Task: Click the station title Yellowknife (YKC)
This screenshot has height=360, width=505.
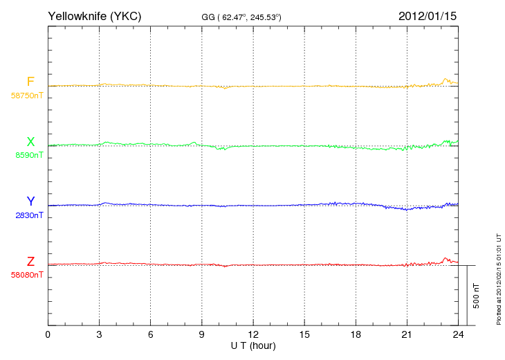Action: (x=94, y=16)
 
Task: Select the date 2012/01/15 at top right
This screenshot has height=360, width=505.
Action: (x=428, y=16)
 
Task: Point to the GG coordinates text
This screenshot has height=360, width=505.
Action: (x=241, y=17)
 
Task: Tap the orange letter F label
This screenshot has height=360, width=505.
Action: (x=30, y=82)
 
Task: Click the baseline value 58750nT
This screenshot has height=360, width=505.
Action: (x=27, y=96)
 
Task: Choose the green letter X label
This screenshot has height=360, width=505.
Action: (x=30, y=141)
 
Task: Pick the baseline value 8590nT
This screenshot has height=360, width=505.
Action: (x=29, y=155)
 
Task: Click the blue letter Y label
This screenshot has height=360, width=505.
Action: (x=30, y=201)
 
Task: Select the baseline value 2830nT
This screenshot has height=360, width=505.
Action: (x=29, y=215)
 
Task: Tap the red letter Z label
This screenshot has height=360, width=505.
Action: (x=30, y=262)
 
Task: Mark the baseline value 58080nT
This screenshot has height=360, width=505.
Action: (x=27, y=275)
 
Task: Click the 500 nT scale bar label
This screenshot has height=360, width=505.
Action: (x=477, y=296)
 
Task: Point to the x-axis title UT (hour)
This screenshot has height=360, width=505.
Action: (x=253, y=346)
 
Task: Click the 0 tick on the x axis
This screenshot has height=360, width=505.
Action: (x=48, y=334)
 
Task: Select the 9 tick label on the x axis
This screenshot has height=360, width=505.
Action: (x=201, y=334)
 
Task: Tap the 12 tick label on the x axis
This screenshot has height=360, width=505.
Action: (x=253, y=334)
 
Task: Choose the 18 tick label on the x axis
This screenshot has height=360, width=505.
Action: (x=356, y=334)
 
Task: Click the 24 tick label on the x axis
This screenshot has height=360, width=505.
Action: (x=458, y=334)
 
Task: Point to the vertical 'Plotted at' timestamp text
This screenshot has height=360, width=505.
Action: (x=499, y=279)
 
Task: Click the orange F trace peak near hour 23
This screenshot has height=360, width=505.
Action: (x=446, y=79)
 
